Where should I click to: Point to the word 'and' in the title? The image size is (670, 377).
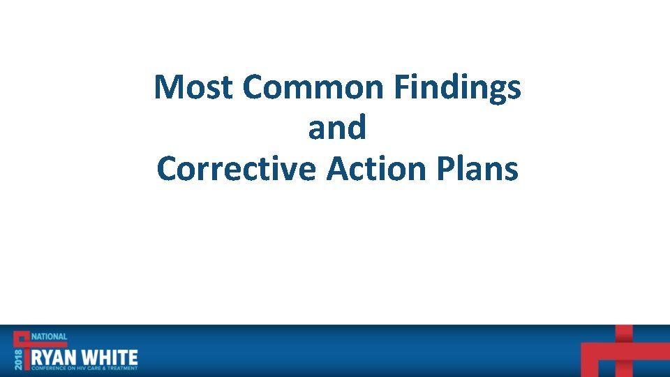pyautogui.click(x=336, y=128)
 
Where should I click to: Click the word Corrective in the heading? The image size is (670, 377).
pyautogui.click(x=236, y=169)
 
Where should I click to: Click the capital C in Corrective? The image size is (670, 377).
pyautogui.click(x=166, y=169)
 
